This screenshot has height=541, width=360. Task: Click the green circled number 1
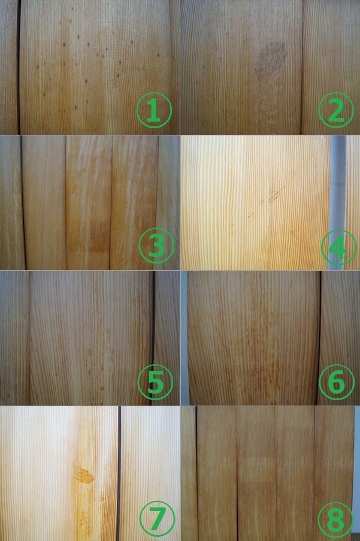tap(154, 110)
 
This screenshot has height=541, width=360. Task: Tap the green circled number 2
tap(336, 110)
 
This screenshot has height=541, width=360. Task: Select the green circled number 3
tap(156, 245)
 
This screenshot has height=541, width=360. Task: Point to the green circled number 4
tap(338, 247)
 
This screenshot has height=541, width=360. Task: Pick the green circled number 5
tap(155, 382)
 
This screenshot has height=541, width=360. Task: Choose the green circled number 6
tap(337, 382)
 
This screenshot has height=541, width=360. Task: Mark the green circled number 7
tap(158, 518)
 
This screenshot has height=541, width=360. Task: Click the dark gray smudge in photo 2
tap(271, 59)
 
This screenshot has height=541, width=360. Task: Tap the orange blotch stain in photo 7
tap(84, 475)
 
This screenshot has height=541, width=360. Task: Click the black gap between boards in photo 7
tap(119, 473)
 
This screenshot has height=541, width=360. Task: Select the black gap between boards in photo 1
tap(19, 67)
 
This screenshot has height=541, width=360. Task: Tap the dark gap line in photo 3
tap(23, 203)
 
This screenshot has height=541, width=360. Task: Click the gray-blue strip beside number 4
tap(337, 183)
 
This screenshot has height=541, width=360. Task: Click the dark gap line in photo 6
tap(319, 338)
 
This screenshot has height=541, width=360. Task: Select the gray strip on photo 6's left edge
tap(184, 338)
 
